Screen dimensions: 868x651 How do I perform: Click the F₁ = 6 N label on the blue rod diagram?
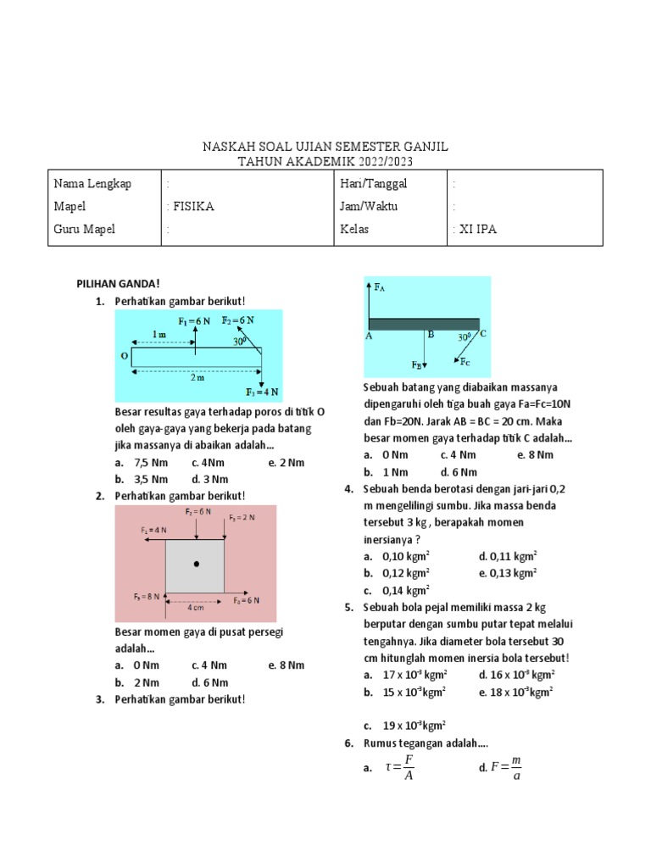(194, 321)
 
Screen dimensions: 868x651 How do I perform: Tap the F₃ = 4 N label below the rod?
(263, 392)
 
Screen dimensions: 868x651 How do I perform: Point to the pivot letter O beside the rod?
(125, 357)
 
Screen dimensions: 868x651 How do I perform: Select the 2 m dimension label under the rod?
(197, 377)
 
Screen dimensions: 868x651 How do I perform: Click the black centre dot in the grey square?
(196, 563)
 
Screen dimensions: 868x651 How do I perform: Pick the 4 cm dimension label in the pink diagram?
(196, 607)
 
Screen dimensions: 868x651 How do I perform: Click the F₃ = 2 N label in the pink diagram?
(242, 517)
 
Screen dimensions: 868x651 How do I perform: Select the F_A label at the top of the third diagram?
(380, 287)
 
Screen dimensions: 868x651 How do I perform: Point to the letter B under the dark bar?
(431, 335)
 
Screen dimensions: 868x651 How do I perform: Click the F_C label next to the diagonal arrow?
(465, 362)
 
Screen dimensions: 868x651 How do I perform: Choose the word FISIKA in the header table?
(194, 206)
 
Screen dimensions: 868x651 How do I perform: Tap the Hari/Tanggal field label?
(373, 183)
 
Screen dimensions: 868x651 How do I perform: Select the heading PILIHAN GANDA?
(119, 284)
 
